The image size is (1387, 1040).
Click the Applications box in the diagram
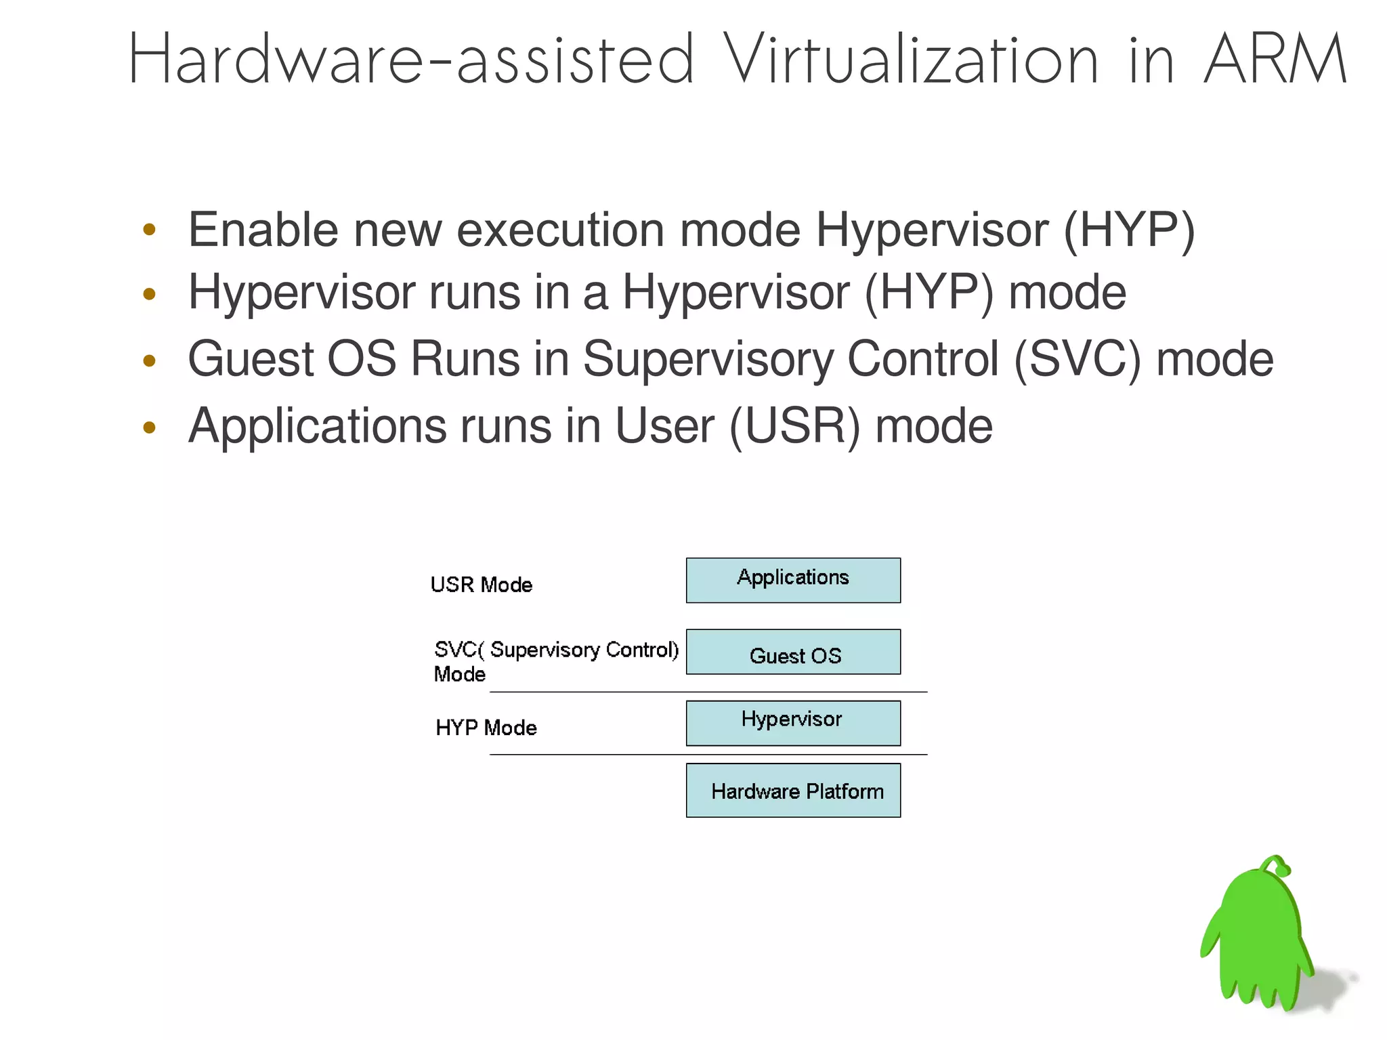793,580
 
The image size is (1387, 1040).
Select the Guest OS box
793,652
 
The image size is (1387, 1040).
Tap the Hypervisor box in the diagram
793,723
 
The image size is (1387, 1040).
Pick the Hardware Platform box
793,790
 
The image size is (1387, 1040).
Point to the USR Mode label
482,585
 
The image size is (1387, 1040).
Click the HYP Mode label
486,728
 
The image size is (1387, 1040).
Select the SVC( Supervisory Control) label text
556,650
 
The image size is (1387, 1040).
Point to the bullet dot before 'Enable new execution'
150,230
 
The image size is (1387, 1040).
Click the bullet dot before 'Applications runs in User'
150,427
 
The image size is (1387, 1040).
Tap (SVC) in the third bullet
1077,359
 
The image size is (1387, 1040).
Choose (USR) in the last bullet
794,427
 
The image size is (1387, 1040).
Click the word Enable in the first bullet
263,230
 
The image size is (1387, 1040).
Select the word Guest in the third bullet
251,359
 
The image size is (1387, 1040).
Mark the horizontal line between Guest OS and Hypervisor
708,692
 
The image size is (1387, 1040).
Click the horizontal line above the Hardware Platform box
708,754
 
